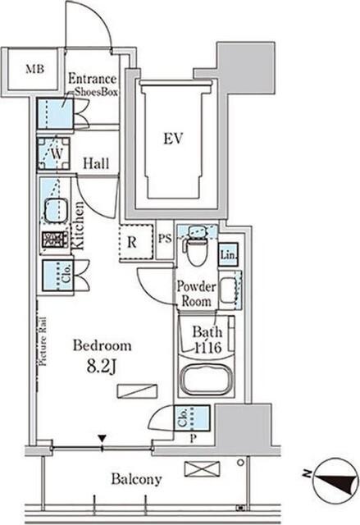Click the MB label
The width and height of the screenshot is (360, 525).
click(x=34, y=69)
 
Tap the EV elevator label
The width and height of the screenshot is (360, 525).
click(x=173, y=139)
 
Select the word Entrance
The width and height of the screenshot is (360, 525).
click(x=93, y=79)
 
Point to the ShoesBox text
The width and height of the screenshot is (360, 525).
click(x=96, y=92)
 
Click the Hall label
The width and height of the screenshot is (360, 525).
click(x=96, y=164)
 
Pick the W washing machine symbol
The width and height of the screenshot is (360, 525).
click(x=53, y=153)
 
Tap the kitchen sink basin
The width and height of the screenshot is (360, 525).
click(x=56, y=211)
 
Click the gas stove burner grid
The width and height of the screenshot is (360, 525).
click(x=55, y=240)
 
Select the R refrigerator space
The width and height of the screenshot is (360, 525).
click(x=136, y=242)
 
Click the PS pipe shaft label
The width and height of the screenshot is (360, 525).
click(x=165, y=239)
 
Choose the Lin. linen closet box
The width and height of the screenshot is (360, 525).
click(x=228, y=254)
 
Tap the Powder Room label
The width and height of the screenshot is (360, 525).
click(x=196, y=294)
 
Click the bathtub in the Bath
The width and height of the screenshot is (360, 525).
click(x=207, y=380)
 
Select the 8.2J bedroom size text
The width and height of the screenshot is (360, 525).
click(x=102, y=367)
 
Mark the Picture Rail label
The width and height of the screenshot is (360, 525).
click(x=43, y=341)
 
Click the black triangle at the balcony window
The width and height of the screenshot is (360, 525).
click(x=102, y=438)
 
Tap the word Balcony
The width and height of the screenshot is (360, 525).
click(x=136, y=479)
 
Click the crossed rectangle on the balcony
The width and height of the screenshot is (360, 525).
click(x=202, y=468)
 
